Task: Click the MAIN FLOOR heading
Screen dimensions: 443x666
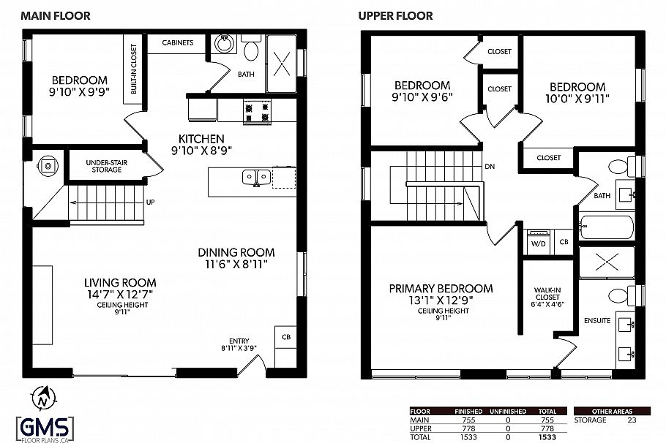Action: pos(56,15)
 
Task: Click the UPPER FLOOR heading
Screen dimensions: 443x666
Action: pos(395,15)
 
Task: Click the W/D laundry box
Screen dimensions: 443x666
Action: pos(537,243)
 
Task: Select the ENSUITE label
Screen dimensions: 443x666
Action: pos(597,320)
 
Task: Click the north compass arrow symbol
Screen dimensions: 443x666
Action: pos(44,398)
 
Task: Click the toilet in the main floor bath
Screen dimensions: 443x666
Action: pos(251,50)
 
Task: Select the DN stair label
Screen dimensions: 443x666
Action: pos(490,166)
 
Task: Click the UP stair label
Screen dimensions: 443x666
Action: pos(150,202)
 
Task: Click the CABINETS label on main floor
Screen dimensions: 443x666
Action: pos(177,42)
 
